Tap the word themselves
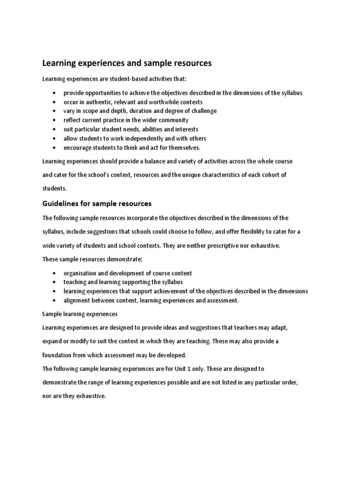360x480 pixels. click(183, 148)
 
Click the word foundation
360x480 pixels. click(59, 355)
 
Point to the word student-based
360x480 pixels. click(123, 79)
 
